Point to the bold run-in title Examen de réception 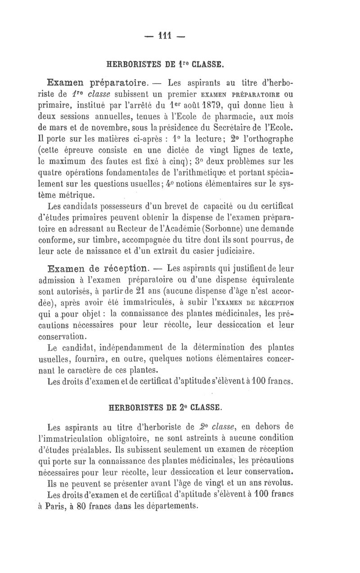click(x=98, y=269)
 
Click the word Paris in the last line click(x=67, y=505)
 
